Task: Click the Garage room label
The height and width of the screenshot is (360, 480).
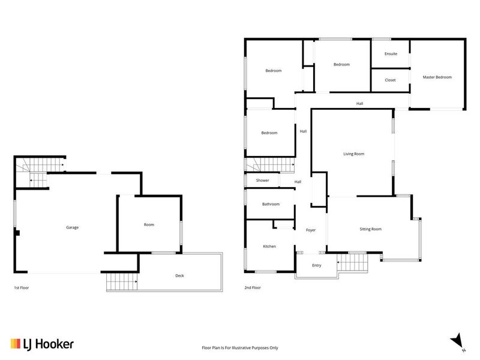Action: click(72, 227)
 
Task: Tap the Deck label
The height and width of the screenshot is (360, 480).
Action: click(179, 275)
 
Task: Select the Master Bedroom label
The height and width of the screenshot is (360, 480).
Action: click(437, 77)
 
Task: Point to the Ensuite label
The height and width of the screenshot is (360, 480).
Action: click(391, 54)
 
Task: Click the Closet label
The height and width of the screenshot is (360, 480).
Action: click(391, 80)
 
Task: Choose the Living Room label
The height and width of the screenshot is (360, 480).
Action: click(354, 154)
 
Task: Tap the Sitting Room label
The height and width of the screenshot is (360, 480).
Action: click(371, 229)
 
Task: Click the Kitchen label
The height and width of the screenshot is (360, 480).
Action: click(269, 247)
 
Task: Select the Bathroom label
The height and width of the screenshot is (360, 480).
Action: click(271, 204)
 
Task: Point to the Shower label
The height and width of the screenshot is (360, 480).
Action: click(263, 181)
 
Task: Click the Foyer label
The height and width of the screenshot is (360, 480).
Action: click(311, 230)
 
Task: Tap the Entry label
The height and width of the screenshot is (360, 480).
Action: click(317, 265)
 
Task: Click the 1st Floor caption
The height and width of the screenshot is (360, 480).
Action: click(22, 288)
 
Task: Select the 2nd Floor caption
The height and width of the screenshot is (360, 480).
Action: click(253, 288)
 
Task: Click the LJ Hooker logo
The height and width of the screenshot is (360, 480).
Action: click(42, 344)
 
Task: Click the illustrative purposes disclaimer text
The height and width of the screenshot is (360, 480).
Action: click(240, 348)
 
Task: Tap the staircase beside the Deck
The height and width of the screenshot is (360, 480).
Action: click(122, 281)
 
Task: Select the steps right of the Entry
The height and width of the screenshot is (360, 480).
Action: click(352, 262)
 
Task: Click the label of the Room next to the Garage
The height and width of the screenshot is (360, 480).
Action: click(149, 224)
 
